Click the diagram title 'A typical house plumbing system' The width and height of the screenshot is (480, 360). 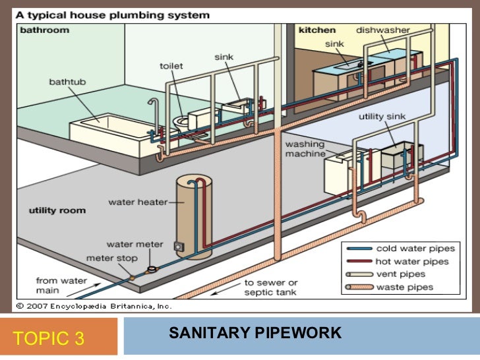pyautogui.click(x=113, y=14)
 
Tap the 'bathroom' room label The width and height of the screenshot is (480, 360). pyautogui.click(x=44, y=30)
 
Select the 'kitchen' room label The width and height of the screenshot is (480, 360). pyautogui.click(x=317, y=30)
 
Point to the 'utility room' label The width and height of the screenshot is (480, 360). pyautogui.click(x=57, y=210)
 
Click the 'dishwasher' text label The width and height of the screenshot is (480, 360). pyautogui.click(x=383, y=30)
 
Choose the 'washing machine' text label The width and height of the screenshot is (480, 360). pyautogui.click(x=305, y=148)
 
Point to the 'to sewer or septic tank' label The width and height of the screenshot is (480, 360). pyautogui.click(x=270, y=287)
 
